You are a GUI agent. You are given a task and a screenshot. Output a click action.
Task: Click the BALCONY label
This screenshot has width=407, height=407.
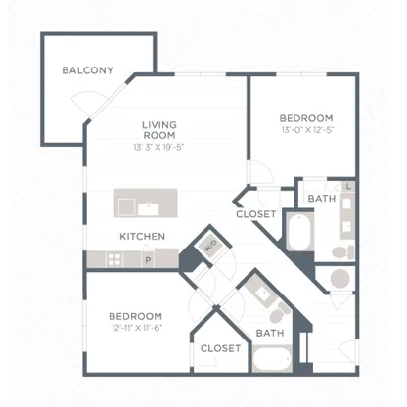click(x=88, y=70)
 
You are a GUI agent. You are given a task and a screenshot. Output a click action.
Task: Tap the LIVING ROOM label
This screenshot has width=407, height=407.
click(x=159, y=130)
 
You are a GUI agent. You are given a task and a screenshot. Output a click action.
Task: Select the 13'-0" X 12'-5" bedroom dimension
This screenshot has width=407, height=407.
click(x=308, y=130)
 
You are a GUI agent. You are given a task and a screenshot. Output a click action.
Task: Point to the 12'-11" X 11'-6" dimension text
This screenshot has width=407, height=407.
click(x=137, y=328)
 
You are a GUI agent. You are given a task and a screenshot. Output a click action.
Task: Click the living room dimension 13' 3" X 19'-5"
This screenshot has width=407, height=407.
click(x=158, y=147)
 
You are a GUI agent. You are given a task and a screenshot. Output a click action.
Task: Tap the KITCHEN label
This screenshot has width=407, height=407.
click(x=143, y=236)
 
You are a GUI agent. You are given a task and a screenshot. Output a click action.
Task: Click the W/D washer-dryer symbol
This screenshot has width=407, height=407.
click(x=211, y=246)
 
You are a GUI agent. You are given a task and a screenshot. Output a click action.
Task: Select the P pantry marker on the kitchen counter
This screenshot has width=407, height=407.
click(x=148, y=260)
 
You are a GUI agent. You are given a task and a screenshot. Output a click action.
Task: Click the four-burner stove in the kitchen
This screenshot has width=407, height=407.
click(x=114, y=259)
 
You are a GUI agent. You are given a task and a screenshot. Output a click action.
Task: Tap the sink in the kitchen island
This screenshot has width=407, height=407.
click(x=149, y=209)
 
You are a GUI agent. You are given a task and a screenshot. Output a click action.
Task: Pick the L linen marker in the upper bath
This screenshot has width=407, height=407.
click(x=348, y=187)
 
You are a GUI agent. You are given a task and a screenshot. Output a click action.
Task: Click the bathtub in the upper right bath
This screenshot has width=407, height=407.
click(x=300, y=232)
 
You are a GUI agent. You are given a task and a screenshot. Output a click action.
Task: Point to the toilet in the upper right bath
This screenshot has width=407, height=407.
click(x=343, y=252)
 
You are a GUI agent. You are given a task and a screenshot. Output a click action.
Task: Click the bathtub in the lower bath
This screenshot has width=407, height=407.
click(x=272, y=358)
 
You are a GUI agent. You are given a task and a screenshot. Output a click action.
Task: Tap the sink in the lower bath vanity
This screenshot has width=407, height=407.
click(x=262, y=294)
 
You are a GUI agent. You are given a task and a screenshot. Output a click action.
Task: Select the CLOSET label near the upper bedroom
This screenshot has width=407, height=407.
click(x=256, y=214)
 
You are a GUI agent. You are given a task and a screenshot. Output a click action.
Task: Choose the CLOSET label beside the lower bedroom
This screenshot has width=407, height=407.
click(x=221, y=348)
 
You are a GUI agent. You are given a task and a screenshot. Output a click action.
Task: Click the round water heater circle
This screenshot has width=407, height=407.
click(x=340, y=279)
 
